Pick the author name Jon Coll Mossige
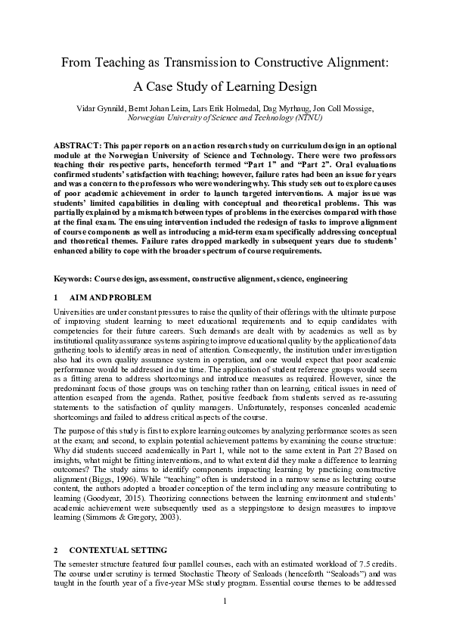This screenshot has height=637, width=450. pyautogui.click(x=344, y=109)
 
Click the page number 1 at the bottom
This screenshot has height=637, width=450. pyautogui.click(x=225, y=622)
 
